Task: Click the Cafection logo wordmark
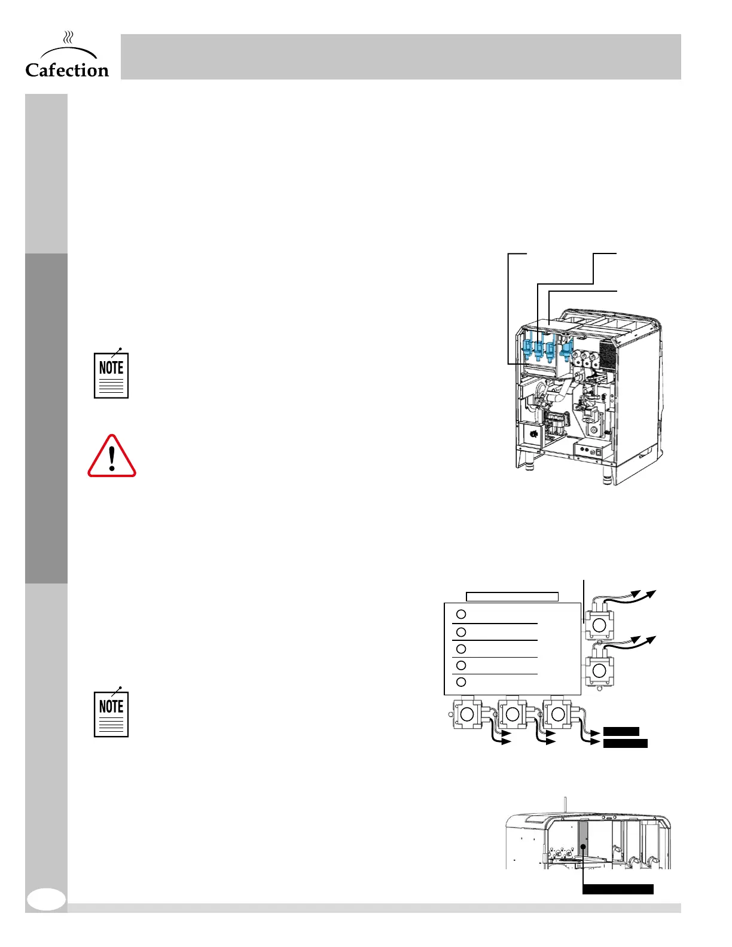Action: [x=67, y=70]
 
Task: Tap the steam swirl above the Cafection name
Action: [x=69, y=39]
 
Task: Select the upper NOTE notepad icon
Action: [x=111, y=374]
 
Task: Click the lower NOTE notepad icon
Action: [x=111, y=713]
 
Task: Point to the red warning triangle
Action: [x=112, y=457]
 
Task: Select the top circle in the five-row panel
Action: [x=461, y=614]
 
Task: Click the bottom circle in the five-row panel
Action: [x=461, y=682]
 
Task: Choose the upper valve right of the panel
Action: [x=599, y=625]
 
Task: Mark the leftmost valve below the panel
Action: [x=467, y=714]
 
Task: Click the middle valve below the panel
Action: [x=513, y=714]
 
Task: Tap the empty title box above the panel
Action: [x=512, y=596]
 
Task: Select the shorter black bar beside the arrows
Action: [x=621, y=731]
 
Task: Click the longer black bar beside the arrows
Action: [x=625, y=744]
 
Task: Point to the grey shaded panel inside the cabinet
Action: [x=584, y=845]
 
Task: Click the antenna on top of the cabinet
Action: [x=565, y=805]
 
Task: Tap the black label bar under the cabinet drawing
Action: [x=618, y=889]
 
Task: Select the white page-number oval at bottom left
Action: [x=47, y=899]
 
